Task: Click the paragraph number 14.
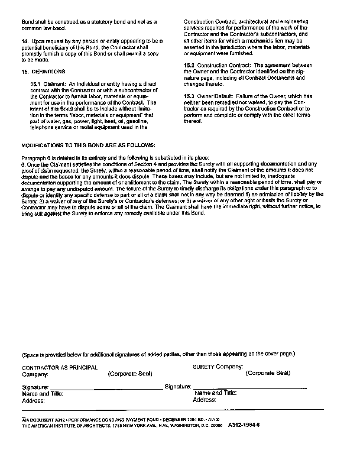point(25,40)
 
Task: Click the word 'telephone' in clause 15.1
point(43,127)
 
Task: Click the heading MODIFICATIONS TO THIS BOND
point(88,145)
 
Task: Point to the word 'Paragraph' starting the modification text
point(34,157)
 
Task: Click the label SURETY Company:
point(218,367)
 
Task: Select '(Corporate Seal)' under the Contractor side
point(130,374)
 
